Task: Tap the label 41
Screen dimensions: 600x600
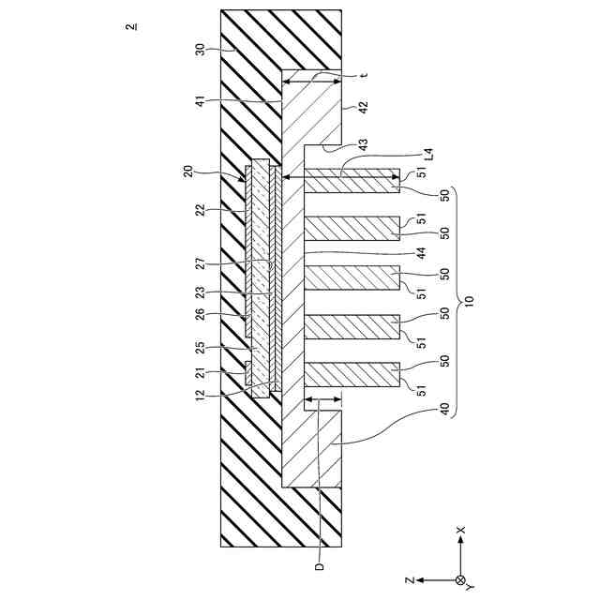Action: point(200,101)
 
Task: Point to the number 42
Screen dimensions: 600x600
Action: point(361,107)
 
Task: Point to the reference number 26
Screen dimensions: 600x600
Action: point(200,314)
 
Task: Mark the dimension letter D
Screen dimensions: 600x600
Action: point(320,566)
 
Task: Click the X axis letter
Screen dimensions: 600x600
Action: point(460,531)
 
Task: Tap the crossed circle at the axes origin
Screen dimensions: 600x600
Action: point(459,579)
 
